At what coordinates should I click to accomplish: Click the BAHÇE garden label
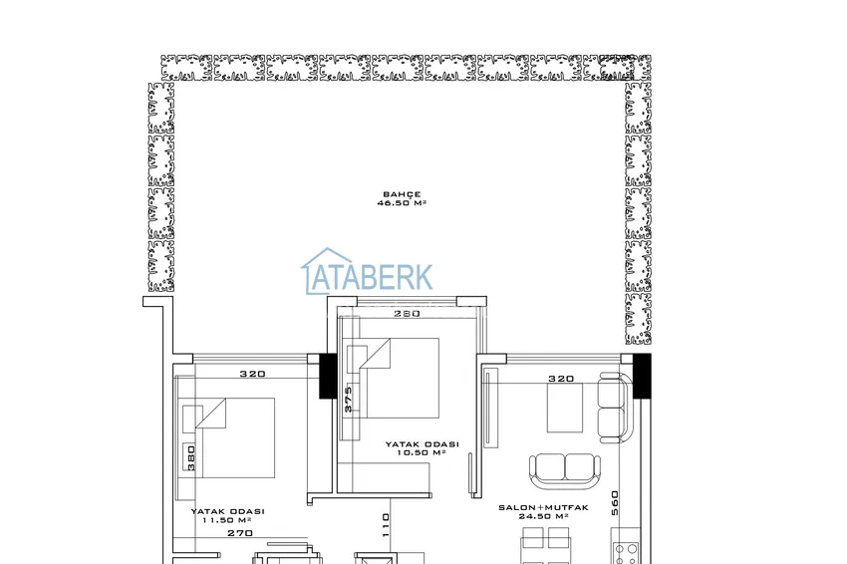tap(402, 194)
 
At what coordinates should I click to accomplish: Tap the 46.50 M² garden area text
tap(402, 203)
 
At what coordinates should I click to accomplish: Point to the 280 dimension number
tap(407, 313)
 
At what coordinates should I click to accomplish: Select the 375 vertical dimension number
tap(348, 399)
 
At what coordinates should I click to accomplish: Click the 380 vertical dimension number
tap(190, 457)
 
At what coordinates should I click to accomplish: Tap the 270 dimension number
tap(240, 533)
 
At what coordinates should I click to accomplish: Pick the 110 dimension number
tap(386, 524)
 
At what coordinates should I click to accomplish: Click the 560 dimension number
tap(615, 502)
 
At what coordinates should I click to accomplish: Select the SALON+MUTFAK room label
tap(543, 508)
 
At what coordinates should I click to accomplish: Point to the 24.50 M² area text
tap(543, 516)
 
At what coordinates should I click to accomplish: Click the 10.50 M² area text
tap(422, 452)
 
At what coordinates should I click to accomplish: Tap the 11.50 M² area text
tap(227, 520)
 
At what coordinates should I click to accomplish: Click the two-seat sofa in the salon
tap(565, 470)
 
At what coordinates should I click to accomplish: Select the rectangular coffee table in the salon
tap(565, 408)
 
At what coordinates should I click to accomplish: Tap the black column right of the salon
tap(642, 376)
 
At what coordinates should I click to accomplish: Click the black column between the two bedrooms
tap(328, 376)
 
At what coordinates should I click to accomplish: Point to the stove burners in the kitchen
tap(626, 552)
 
